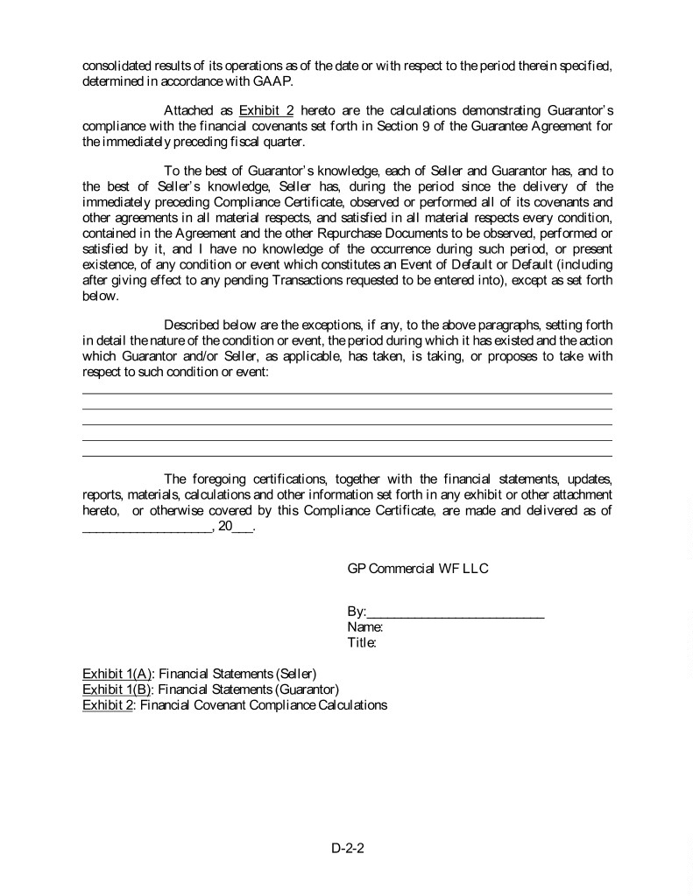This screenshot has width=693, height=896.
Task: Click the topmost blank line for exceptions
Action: [x=347, y=393]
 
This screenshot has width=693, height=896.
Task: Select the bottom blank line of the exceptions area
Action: [x=347, y=455]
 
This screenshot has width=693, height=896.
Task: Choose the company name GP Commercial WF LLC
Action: [x=418, y=569]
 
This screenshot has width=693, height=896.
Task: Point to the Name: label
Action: [x=364, y=627]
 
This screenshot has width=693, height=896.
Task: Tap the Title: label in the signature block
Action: [x=362, y=643]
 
